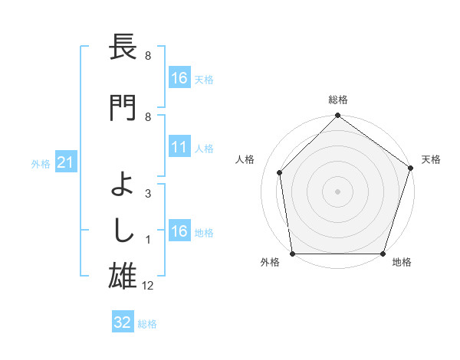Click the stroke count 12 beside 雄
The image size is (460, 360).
pyautogui.click(x=149, y=286)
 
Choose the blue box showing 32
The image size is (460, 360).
pyautogui.click(x=123, y=322)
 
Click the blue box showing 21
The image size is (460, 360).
pyautogui.click(x=65, y=162)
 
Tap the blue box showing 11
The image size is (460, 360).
pyautogui.click(x=179, y=147)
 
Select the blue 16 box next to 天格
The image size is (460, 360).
pyautogui.click(x=179, y=77)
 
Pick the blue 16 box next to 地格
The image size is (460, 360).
pyautogui.click(x=179, y=231)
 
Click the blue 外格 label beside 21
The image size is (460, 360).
pyautogui.click(x=41, y=163)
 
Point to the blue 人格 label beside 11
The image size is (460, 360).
pyautogui.click(x=204, y=148)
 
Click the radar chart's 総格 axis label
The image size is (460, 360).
pyautogui.click(x=337, y=100)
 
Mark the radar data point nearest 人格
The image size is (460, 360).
pyautogui.click(x=280, y=172)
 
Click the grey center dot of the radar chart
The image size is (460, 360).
pyautogui.click(x=337, y=191)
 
